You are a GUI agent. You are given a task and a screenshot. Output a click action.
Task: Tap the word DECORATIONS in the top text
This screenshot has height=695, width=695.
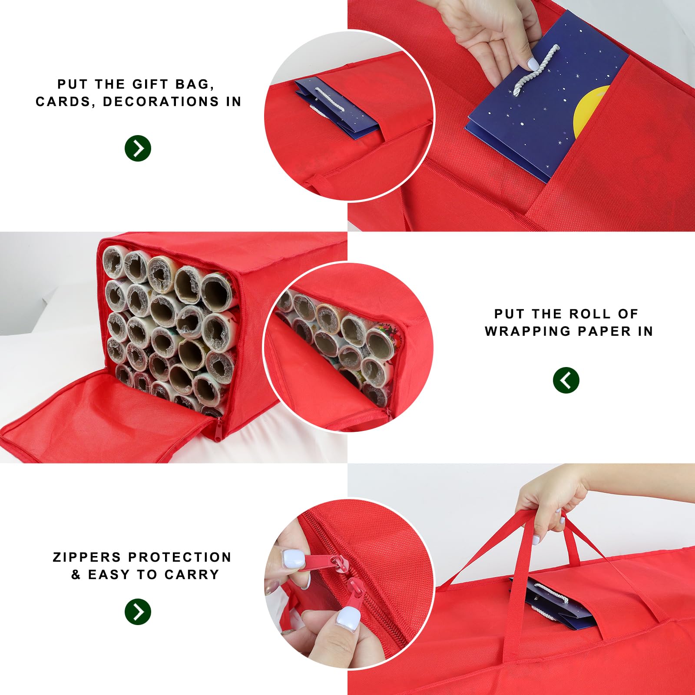coord(161,102)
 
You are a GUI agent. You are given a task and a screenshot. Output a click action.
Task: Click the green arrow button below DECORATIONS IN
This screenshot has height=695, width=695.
coord(138,149)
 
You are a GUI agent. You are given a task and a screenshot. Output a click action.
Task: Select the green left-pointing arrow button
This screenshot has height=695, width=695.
coord(566,380)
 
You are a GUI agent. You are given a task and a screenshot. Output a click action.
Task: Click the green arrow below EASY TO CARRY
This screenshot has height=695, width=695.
coord(138,612)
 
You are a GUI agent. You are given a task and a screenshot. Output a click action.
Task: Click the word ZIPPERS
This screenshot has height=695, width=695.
coord(87,557)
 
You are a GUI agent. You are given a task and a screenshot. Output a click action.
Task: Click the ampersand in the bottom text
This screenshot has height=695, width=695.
coord(76,575)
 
